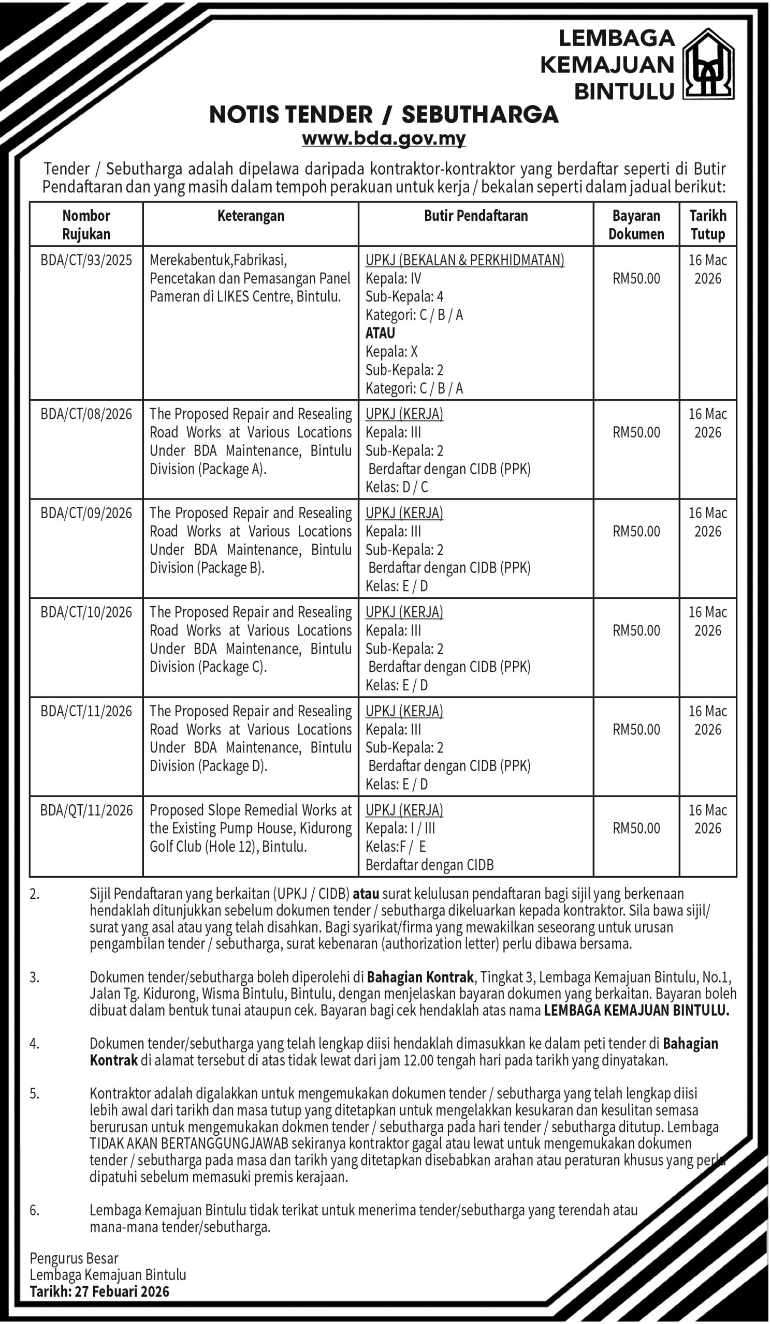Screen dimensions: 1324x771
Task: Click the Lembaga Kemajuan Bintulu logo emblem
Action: pyautogui.click(x=708, y=64)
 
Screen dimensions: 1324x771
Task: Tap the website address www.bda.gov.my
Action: pyautogui.click(x=384, y=139)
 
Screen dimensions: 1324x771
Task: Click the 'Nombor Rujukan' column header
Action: pyautogui.click(x=86, y=224)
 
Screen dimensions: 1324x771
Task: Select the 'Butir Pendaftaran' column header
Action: pyautogui.click(x=476, y=216)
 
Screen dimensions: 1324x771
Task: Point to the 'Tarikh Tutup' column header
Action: pyautogui.click(x=708, y=224)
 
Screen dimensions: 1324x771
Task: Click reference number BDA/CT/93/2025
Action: pyautogui.click(x=86, y=260)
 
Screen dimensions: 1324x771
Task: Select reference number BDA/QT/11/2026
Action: pyautogui.click(x=86, y=810)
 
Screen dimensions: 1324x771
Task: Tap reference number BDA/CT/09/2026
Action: pyautogui.click(x=86, y=513)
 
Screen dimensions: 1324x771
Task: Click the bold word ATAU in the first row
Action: pyautogui.click(x=380, y=333)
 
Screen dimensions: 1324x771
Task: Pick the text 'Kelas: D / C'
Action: pyautogui.click(x=397, y=487)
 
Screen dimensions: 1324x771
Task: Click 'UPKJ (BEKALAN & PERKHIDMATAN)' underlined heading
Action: pyautogui.click(x=465, y=260)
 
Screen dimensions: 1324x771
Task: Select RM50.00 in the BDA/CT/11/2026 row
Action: pyautogui.click(x=636, y=729)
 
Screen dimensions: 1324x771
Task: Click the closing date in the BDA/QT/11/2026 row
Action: pyautogui.click(x=708, y=819)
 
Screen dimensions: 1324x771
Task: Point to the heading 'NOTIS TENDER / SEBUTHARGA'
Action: pyautogui.click(x=384, y=114)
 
